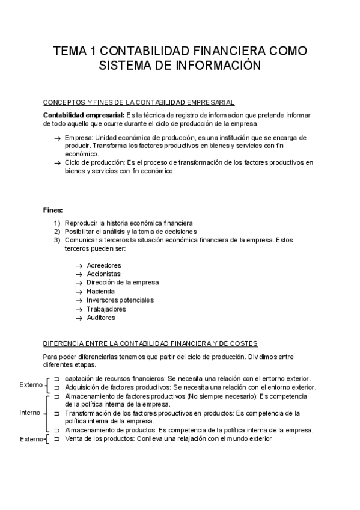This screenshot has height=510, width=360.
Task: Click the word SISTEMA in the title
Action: click(122, 65)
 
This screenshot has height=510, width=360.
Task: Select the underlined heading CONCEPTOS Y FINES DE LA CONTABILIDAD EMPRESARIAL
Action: click(139, 103)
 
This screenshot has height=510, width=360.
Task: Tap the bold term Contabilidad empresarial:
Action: click(84, 115)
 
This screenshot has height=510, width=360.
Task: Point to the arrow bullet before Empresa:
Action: click(57, 138)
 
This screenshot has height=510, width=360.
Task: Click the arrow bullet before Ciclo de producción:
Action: click(57, 162)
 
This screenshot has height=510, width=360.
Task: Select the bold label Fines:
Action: click(53, 211)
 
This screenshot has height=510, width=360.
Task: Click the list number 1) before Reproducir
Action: click(57, 223)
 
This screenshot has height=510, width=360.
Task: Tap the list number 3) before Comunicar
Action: click(57, 240)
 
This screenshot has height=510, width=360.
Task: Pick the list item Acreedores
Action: click(103, 265)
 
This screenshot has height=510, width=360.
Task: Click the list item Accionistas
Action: click(103, 274)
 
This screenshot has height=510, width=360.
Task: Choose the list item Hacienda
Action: click(100, 291)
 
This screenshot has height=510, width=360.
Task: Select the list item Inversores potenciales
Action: click(120, 300)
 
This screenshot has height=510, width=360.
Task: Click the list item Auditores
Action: click(100, 318)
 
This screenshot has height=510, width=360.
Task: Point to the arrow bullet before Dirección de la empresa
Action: click(79, 283)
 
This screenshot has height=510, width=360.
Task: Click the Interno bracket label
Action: click(30, 413)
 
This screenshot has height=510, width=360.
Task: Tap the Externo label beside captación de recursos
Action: click(31, 384)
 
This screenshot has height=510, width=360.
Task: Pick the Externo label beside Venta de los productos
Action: click(31, 440)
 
